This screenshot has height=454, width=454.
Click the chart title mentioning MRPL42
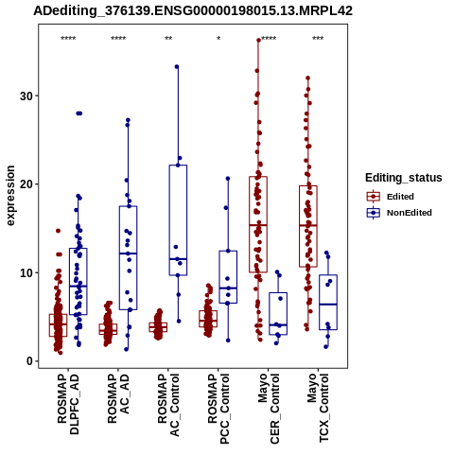tap(193, 11)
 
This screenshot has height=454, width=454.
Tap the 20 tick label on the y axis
tap(27, 184)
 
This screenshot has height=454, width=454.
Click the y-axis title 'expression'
tap(10, 196)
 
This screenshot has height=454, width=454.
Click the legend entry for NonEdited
tap(399, 213)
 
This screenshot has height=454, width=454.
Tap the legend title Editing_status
tap(404, 178)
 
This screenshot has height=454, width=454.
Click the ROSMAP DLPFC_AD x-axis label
tap(68, 404)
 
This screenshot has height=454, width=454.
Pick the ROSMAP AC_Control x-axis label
tap(168, 405)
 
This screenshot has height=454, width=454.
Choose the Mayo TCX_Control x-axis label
tap(318, 408)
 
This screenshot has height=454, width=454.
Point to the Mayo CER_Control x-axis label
tap(269, 409)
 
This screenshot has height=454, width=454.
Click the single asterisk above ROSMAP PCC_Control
tap(218, 39)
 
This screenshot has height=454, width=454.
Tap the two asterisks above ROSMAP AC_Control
tap(168, 39)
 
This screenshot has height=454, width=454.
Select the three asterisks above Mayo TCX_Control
tap(318, 39)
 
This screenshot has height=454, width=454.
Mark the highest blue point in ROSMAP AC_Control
tap(177, 66)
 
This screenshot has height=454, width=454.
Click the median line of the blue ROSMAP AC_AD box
tap(128, 253)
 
